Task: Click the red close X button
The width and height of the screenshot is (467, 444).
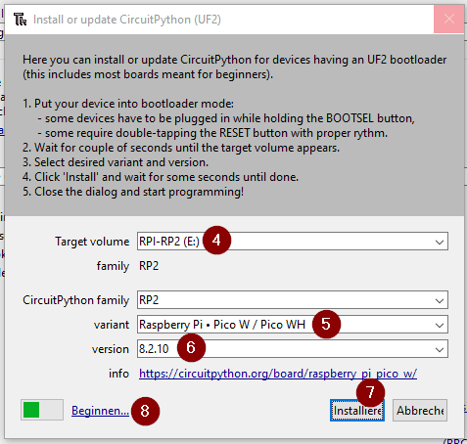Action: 448,19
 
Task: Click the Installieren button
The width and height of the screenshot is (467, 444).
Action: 357,411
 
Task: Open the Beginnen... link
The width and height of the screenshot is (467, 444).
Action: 100,411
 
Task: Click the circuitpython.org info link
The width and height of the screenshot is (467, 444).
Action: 278,374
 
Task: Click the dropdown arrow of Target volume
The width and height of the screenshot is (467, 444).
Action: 440,243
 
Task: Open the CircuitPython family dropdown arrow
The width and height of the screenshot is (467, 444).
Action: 440,300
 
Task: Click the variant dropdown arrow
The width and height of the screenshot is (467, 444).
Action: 440,325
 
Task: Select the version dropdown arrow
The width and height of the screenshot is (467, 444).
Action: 440,349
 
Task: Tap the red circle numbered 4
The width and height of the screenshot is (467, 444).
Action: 216,241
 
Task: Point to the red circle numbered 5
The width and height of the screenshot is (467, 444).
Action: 326,324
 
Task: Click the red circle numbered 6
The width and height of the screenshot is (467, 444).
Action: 191,347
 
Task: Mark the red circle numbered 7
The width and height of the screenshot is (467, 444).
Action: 370,392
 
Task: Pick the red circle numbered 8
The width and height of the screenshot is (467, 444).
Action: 145,411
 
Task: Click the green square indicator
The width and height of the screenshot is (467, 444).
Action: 31,410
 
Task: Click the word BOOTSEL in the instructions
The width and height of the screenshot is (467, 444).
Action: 350,118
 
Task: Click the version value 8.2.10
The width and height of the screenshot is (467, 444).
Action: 154,349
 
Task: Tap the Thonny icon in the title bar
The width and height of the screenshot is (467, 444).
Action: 20,20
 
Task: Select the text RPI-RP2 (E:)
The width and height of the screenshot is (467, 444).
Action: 169,242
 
